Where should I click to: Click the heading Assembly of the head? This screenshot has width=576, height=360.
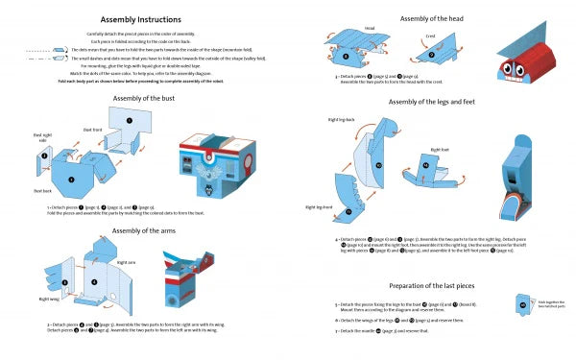430,18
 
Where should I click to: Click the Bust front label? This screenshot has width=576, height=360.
93,130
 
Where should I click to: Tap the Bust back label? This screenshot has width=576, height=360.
43,191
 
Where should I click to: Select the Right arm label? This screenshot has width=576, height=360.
126,261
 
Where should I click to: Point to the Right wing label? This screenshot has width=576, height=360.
49,299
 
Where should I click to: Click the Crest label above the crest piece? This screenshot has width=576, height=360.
431,36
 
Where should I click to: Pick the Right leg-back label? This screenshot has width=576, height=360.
342,122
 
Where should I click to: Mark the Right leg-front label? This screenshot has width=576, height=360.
320,206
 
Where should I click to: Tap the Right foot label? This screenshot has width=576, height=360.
441,150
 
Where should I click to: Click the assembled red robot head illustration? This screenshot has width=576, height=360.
522,62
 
